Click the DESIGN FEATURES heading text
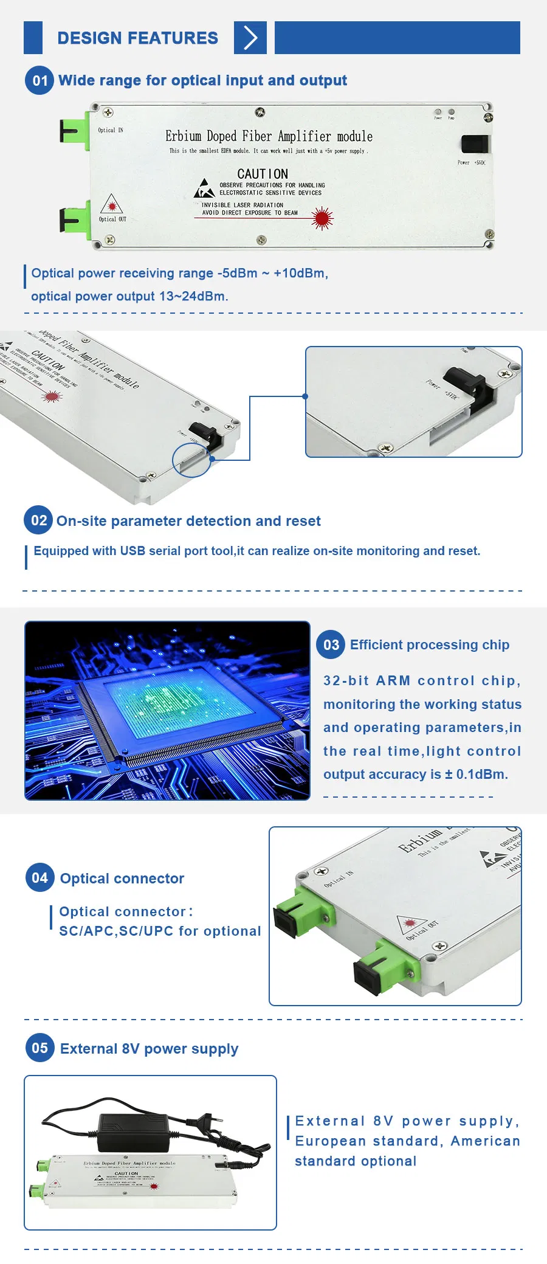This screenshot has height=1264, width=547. [137, 38]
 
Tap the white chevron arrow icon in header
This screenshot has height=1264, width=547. [250, 38]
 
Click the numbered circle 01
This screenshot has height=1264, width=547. [40, 81]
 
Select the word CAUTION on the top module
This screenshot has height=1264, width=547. [263, 174]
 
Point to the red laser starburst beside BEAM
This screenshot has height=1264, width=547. [322, 218]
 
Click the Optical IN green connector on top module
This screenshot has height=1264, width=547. [75, 130]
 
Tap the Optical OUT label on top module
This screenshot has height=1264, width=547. [113, 219]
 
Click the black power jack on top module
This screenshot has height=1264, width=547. [475, 144]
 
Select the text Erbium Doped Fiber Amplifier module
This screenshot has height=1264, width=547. [269, 136]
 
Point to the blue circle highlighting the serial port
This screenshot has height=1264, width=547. [191, 460]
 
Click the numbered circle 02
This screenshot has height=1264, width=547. [39, 520]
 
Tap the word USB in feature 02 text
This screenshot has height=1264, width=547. [132, 551]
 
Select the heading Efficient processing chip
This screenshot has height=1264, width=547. [429, 645]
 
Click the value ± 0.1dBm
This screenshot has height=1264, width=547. [476, 775]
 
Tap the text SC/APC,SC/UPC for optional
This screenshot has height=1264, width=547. [160, 931]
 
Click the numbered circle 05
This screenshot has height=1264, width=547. [40, 1048]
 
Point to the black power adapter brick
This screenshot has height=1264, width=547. [133, 1131]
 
